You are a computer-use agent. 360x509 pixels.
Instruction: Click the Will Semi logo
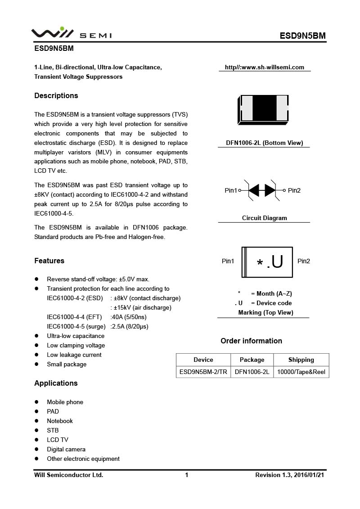(71, 33)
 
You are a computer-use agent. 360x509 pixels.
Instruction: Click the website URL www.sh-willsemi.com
(265, 68)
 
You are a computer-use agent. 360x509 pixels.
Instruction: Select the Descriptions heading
(56, 95)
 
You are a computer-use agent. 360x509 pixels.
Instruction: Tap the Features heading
(49, 261)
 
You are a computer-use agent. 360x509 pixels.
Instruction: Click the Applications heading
(56, 383)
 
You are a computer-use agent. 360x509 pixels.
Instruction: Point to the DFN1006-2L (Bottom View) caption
(264, 143)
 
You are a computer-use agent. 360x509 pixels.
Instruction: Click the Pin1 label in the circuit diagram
(231, 190)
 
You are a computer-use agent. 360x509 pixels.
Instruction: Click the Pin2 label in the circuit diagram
(294, 190)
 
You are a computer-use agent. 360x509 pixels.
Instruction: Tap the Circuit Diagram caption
(264, 218)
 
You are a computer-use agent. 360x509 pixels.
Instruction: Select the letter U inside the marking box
(277, 261)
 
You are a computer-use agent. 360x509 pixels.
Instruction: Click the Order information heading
(251, 341)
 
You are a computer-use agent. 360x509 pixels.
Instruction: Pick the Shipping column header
(301, 360)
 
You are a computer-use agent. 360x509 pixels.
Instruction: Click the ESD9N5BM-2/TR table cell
(203, 372)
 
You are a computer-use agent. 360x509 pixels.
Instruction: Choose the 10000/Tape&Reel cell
(301, 372)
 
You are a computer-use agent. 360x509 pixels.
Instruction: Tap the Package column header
(252, 360)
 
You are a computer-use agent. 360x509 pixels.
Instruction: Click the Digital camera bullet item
(66, 449)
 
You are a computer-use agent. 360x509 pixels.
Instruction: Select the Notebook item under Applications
(60, 421)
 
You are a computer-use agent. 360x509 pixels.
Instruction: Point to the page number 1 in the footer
(186, 475)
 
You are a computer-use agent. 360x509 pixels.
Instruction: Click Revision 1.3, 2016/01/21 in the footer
(289, 475)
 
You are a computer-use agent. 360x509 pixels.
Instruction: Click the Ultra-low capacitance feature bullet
(76, 336)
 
